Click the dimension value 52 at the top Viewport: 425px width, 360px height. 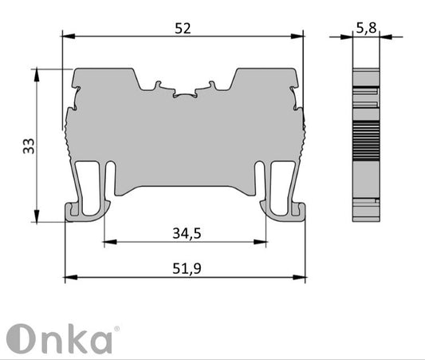coord(183,27)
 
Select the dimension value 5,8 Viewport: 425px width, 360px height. coord(367,28)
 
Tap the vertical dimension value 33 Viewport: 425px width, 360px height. coord(28,145)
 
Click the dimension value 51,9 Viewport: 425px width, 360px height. coord(185,269)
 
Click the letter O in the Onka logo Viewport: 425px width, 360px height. coord(20,339)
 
